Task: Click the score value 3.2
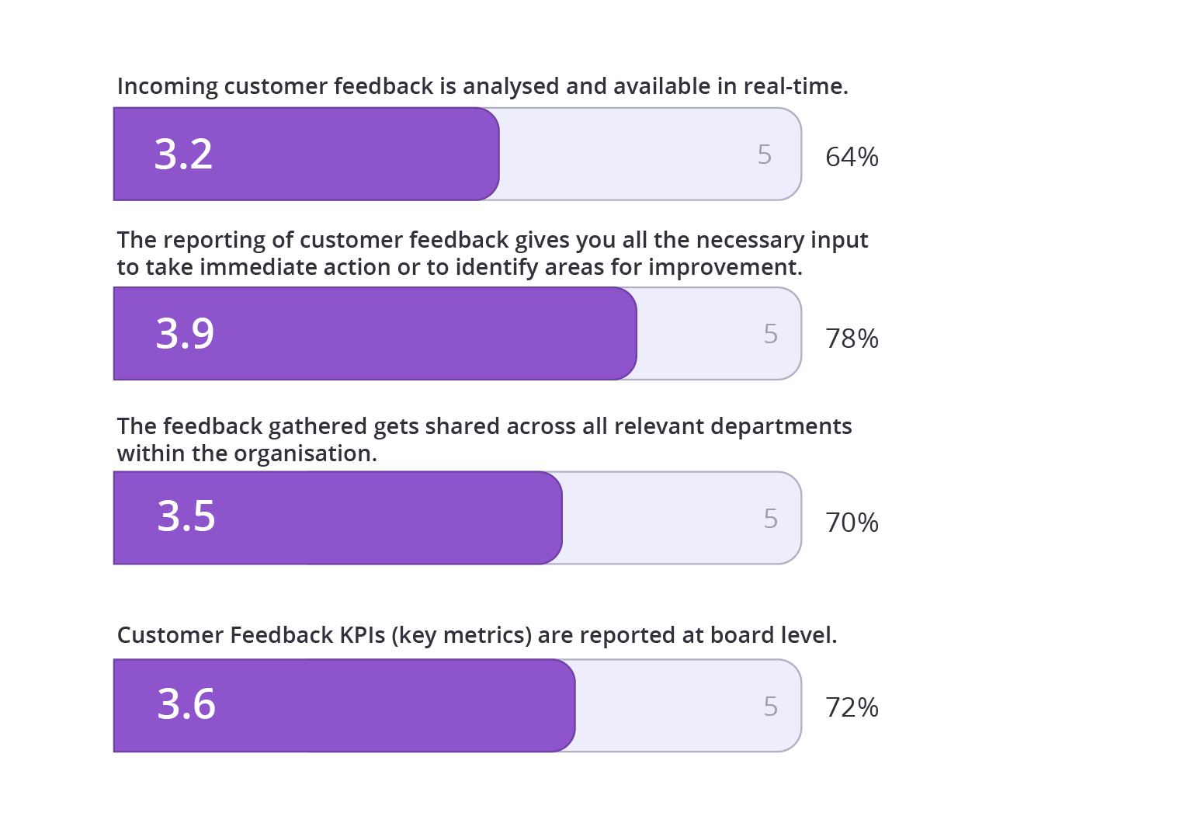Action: pos(183,155)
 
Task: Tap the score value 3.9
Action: pos(185,334)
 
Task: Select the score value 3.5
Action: pos(186,516)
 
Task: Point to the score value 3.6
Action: pos(186,704)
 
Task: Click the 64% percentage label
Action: pos(852,157)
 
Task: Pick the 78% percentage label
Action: pos(852,339)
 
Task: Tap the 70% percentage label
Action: pos(852,523)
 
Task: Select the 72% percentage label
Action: pos(852,707)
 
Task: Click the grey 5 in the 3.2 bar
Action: pos(765,155)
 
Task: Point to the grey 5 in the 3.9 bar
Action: pos(770,334)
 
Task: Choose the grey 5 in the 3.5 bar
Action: pos(770,519)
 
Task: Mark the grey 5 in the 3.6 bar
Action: pos(770,707)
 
